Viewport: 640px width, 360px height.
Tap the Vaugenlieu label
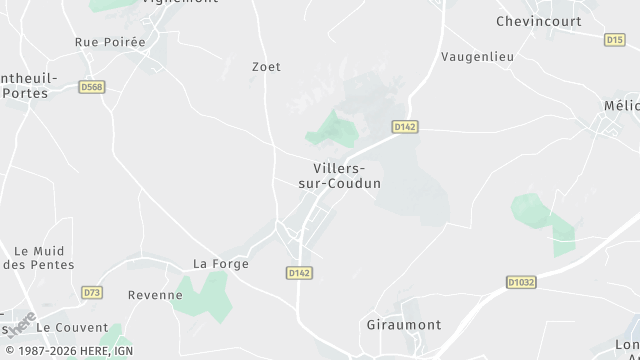tap(478, 57)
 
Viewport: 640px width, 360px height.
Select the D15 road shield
tap(614, 40)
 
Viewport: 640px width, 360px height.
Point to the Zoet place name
tap(267, 67)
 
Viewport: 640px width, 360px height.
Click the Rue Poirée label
tap(110, 42)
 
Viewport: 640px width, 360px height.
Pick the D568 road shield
tap(92, 87)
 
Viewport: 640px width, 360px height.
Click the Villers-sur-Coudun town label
tap(340, 175)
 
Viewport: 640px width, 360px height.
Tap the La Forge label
tap(212, 264)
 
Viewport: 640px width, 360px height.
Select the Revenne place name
tap(148, 295)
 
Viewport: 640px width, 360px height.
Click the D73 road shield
tap(92, 292)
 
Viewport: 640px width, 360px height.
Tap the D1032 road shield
tap(521, 282)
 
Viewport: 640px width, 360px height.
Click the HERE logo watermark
tap(22, 323)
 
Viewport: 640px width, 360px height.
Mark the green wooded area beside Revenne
tap(205, 295)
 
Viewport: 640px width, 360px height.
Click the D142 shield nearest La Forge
tap(299, 272)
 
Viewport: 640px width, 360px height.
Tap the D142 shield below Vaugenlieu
tap(405, 127)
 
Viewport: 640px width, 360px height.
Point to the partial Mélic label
tap(628, 105)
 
